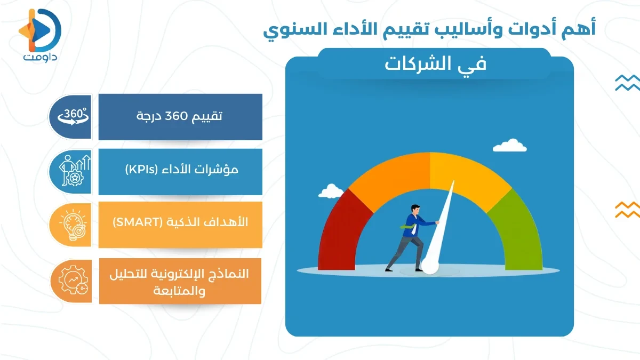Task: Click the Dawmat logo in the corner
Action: (x=40, y=33)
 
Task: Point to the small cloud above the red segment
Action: (x=332, y=190)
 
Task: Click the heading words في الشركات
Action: (x=436, y=64)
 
